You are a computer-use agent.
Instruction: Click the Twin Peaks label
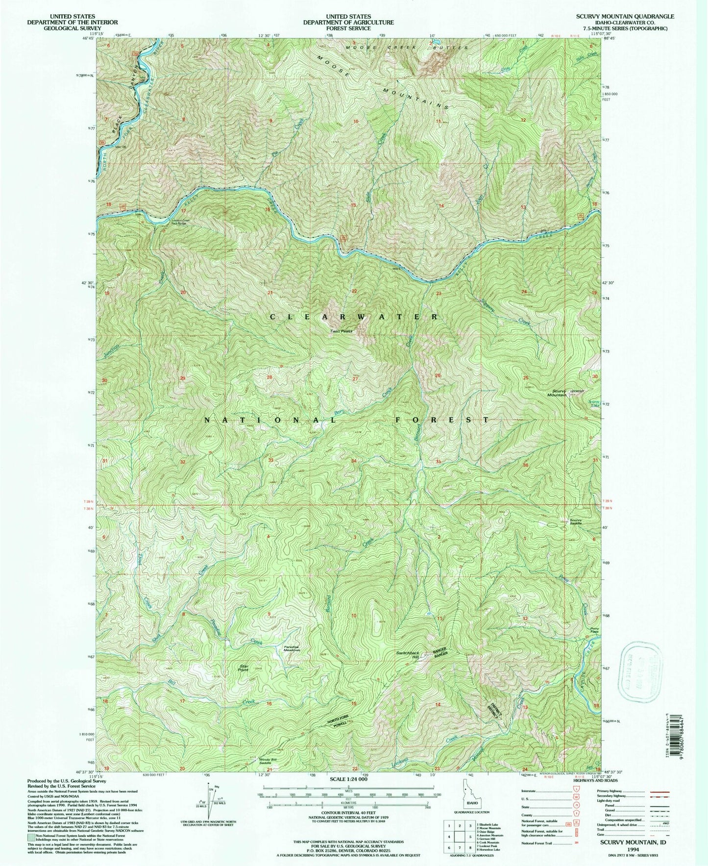341,331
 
